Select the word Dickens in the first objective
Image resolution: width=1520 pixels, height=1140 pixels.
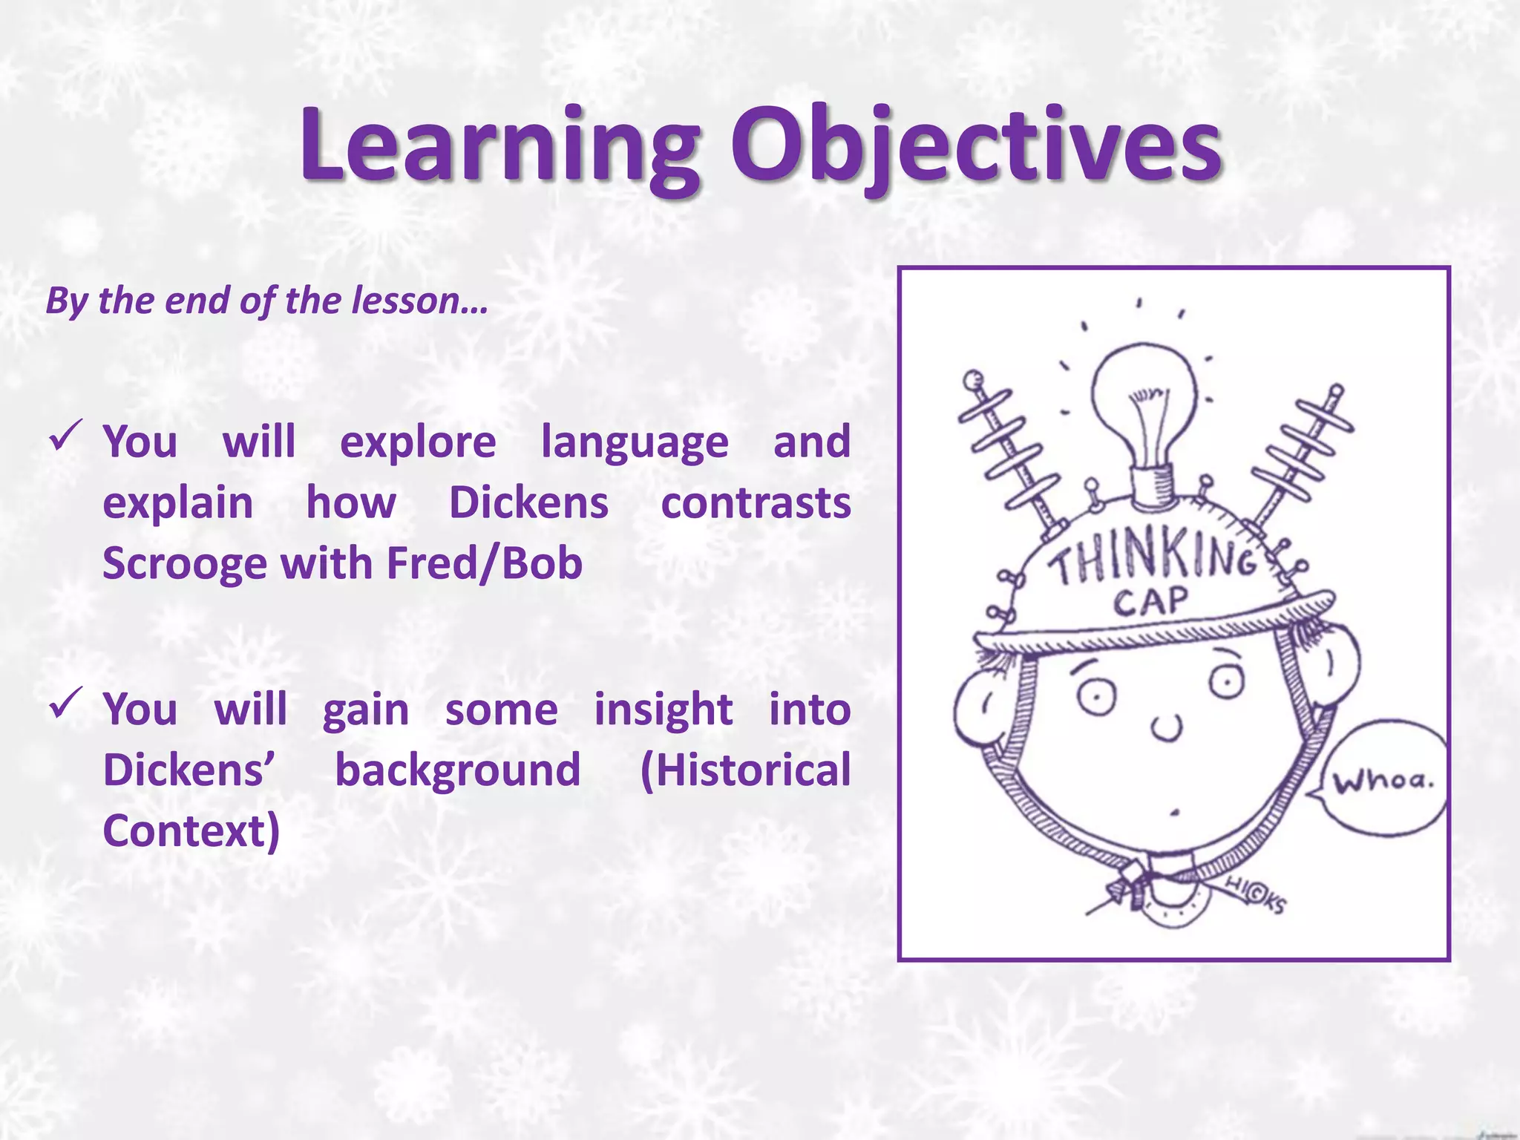pyautogui.click(x=528, y=503)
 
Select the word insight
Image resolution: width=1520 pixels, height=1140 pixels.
pyautogui.click(x=663, y=710)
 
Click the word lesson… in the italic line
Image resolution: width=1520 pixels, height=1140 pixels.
pyautogui.click(x=419, y=301)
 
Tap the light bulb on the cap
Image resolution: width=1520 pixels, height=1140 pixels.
pyautogui.click(x=1144, y=408)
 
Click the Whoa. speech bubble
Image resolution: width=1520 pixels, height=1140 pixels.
pyautogui.click(x=1382, y=779)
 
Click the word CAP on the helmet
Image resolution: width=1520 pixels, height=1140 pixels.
pyautogui.click(x=1150, y=601)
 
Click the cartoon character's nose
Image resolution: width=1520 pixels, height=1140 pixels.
pyautogui.click(x=1167, y=727)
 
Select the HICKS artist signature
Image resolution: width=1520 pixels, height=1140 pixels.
pyautogui.click(x=1254, y=895)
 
